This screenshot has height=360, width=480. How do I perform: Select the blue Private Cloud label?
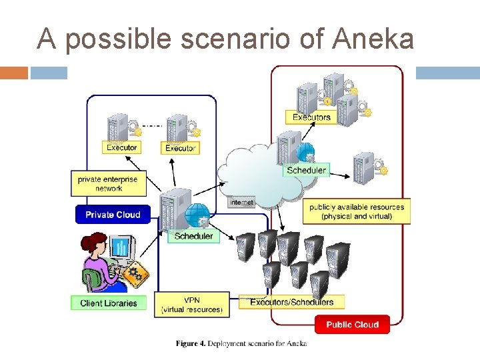pyautogui.click(x=113, y=215)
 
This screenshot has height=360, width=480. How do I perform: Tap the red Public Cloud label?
pyautogui.click(x=352, y=325)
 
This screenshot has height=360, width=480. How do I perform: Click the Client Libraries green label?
pyautogui.click(x=108, y=303)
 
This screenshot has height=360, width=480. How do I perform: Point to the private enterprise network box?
pyautogui.click(x=109, y=183)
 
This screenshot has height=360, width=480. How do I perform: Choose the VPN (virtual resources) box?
pyautogui.click(x=192, y=305)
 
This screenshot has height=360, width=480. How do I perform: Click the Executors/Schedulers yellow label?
pyautogui.click(x=291, y=302)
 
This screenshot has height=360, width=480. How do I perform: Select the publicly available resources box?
pyautogui.click(x=357, y=211)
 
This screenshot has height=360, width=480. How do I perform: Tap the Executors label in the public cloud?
pyautogui.click(x=311, y=117)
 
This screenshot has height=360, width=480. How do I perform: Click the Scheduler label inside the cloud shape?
pyautogui.click(x=306, y=170)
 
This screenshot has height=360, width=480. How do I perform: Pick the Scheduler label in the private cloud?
pyautogui.click(x=193, y=236)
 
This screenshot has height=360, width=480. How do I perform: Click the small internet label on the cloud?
pyautogui.click(x=241, y=202)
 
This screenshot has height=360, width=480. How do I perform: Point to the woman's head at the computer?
pyautogui.click(x=93, y=243)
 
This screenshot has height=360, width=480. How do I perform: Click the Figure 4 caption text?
pyautogui.click(x=241, y=343)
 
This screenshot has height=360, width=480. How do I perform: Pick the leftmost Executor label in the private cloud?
pyautogui.click(x=121, y=147)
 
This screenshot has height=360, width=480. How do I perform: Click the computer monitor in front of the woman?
pyautogui.click(x=121, y=249)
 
